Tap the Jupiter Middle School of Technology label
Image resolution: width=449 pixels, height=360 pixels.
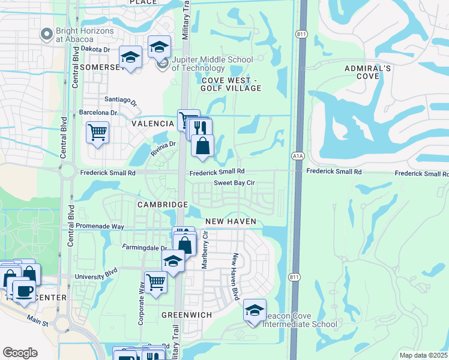click(212, 64)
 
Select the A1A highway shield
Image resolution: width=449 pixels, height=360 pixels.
click(298, 156)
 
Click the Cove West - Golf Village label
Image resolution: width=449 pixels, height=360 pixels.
click(231, 84)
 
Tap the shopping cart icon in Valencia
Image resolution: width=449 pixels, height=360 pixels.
click(97, 132)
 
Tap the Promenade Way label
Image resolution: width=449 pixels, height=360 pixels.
click(100, 227)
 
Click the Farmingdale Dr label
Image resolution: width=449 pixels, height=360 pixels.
click(144, 247)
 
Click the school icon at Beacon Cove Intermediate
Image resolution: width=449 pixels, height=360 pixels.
click(255, 311)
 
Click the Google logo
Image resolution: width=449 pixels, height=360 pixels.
click(20, 352)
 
